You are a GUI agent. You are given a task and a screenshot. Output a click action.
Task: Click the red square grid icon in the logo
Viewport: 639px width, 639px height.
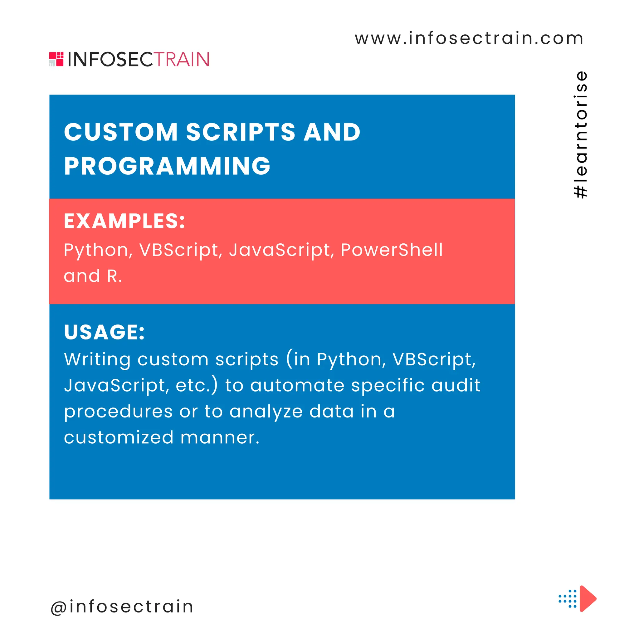(x=56, y=59)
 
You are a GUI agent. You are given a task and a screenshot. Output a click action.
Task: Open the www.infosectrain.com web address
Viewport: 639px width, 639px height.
(x=469, y=38)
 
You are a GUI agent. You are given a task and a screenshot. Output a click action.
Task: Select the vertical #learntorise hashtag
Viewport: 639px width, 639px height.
(x=581, y=134)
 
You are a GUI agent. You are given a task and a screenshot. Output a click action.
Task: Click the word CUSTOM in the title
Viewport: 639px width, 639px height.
(x=121, y=132)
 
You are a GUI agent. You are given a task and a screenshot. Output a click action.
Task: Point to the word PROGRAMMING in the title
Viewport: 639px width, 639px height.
(x=167, y=166)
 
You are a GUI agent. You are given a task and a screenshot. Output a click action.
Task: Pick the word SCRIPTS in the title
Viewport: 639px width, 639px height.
(x=241, y=132)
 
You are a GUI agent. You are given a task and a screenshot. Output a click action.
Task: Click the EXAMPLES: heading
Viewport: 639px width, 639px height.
(x=124, y=221)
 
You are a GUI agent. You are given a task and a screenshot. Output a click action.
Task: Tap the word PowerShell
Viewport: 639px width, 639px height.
(x=391, y=250)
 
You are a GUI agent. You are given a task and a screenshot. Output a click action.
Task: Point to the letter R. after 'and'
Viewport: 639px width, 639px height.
(x=114, y=276)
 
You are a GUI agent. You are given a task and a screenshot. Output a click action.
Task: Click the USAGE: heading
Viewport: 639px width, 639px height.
(x=104, y=332)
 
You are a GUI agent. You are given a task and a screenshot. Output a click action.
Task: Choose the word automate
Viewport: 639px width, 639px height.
(x=297, y=385)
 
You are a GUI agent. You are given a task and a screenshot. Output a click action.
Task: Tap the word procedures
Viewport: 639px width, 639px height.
(x=118, y=412)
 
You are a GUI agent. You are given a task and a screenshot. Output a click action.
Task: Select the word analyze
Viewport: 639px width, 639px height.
(x=266, y=412)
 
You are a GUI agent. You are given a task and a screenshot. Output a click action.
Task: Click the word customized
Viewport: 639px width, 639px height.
(x=118, y=437)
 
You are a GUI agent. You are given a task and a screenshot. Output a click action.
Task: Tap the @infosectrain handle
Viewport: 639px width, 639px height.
(x=122, y=607)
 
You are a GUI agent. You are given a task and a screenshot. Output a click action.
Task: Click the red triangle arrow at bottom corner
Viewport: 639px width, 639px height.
(x=587, y=599)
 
